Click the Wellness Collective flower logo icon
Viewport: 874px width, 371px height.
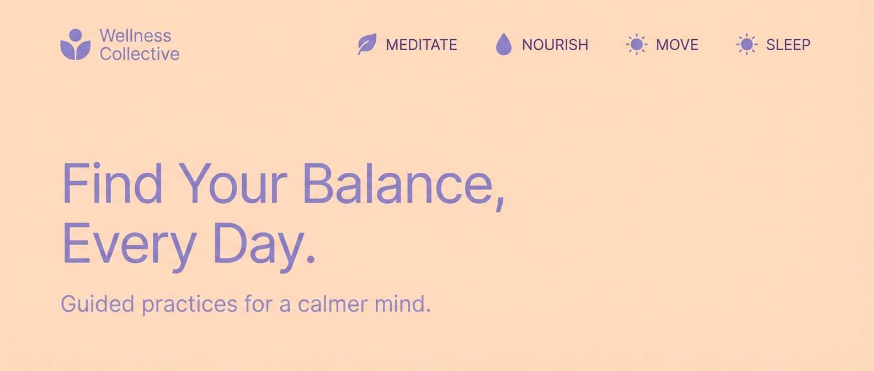pos(76,45)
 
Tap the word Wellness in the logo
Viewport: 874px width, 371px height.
pos(135,35)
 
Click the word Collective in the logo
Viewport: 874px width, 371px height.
pos(140,54)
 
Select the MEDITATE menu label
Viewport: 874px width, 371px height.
pos(422,45)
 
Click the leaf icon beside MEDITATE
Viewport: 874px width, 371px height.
pos(367,44)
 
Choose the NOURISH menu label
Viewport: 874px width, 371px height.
pos(555,45)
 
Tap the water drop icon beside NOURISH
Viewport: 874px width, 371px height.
pos(503,44)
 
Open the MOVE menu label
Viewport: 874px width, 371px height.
pos(677,45)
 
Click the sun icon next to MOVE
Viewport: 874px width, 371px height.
pos(636,44)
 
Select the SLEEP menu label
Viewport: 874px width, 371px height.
pos(788,45)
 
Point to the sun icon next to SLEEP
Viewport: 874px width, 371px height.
pos(747,44)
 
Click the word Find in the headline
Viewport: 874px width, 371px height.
pos(112,184)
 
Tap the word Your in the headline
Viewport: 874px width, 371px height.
pos(232,184)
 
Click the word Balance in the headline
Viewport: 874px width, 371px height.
pos(398,184)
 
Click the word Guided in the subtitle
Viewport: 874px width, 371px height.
pos(97,304)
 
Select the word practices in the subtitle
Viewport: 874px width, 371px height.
pos(190,304)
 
